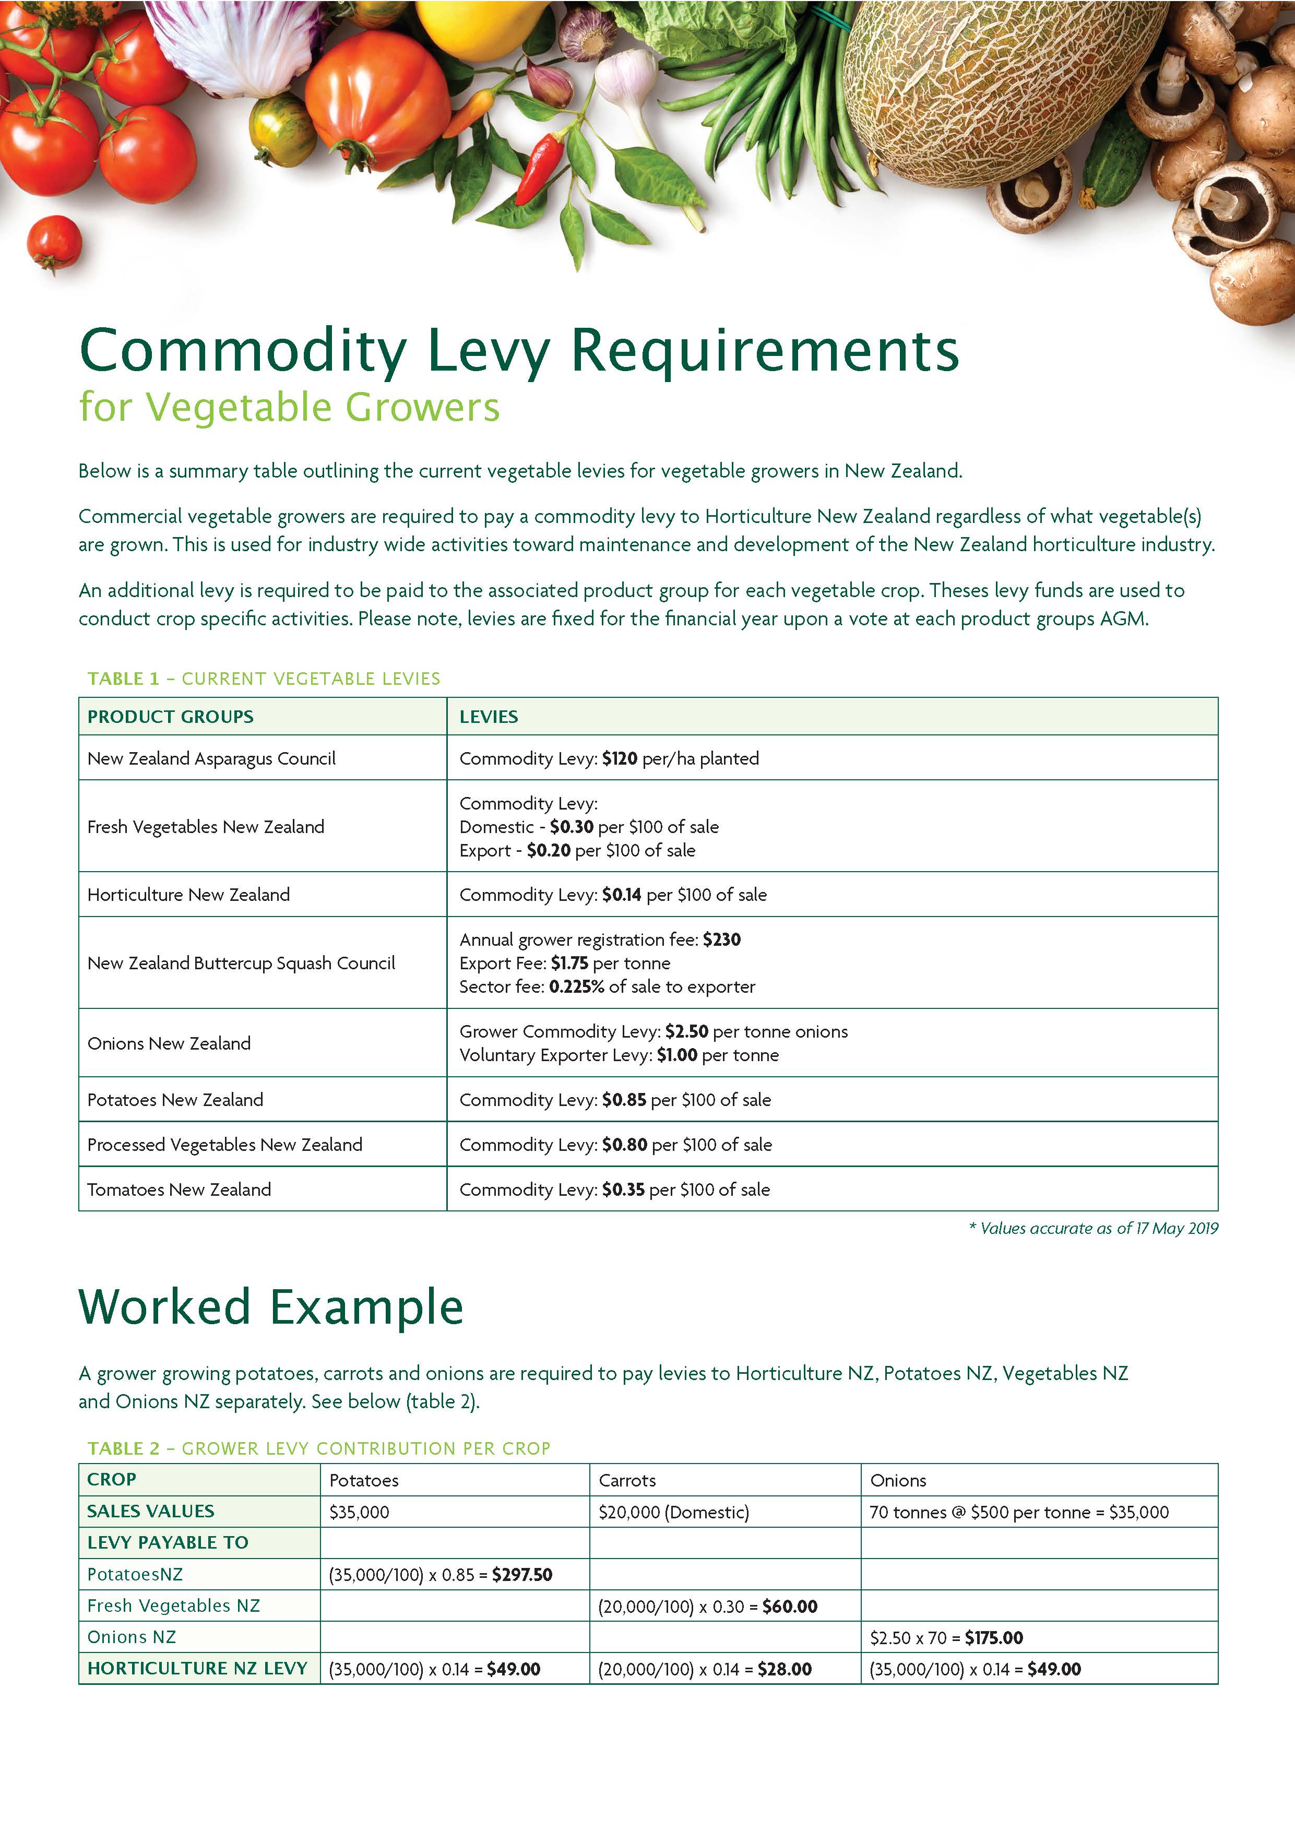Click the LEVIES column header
tap(488, 716)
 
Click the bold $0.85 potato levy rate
tap(624, 1100)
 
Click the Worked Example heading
tap(271, 1306)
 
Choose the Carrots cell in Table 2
tap(627, 1480)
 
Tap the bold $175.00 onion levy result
tap(994, 1637)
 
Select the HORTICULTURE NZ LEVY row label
tap(197, 1668)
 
